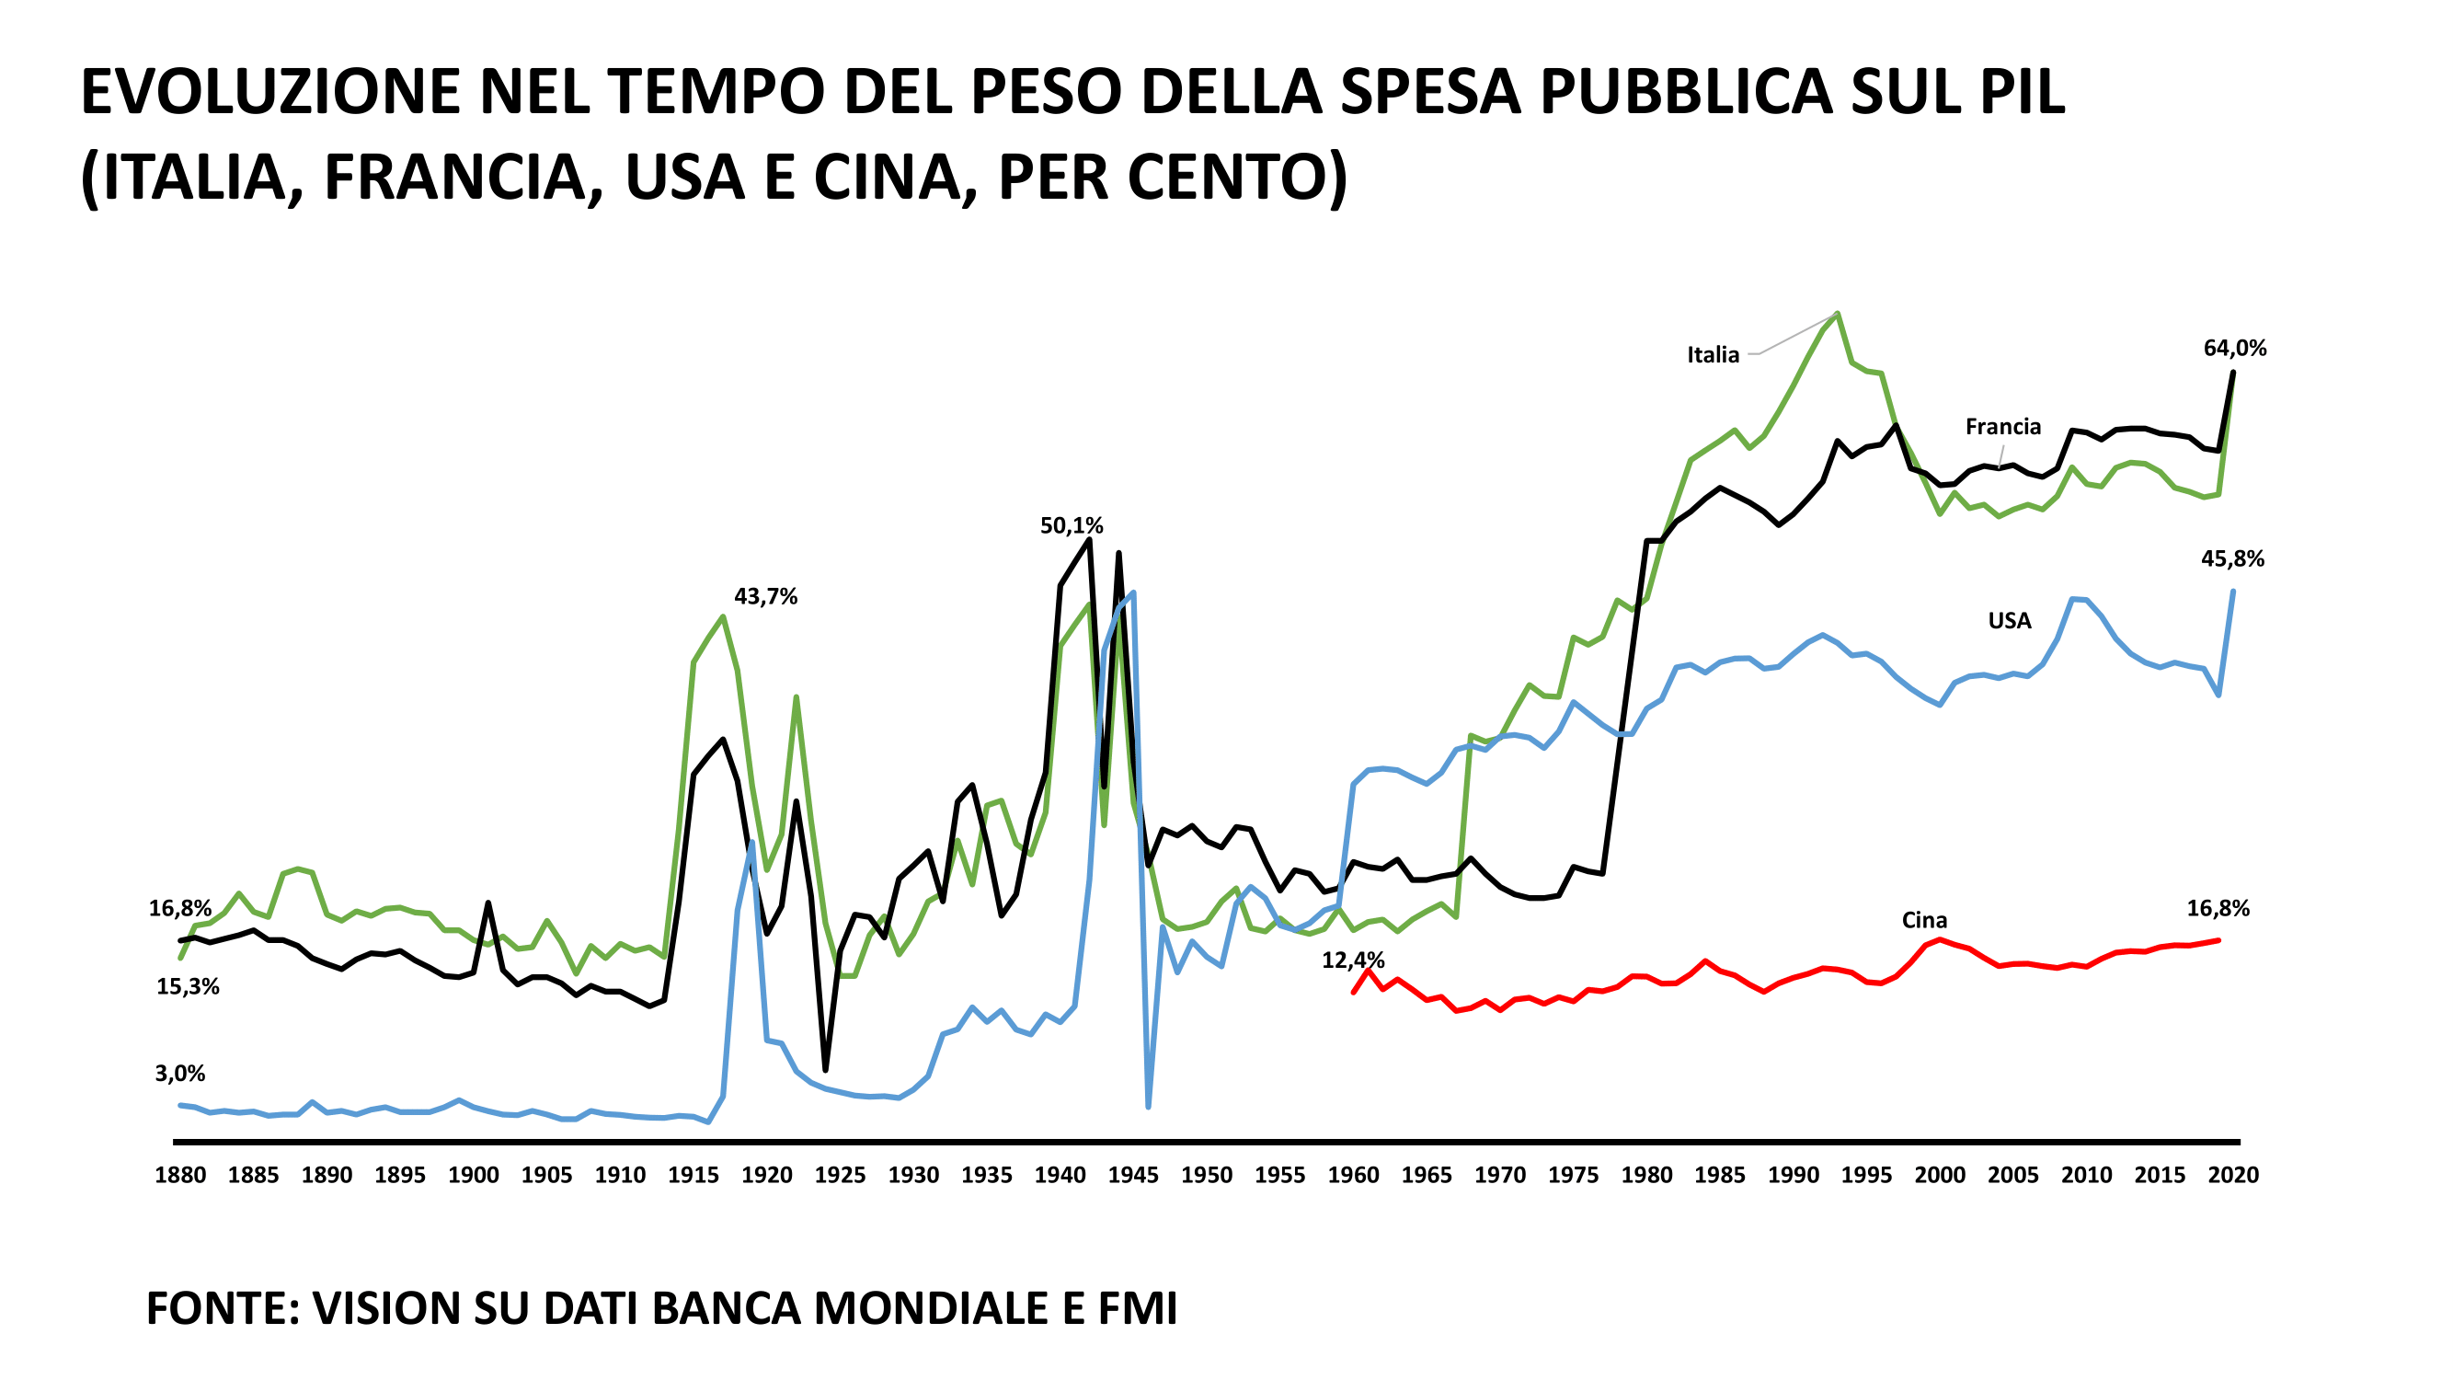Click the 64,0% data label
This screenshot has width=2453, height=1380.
(2234, 349)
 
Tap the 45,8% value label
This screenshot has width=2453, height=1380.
(2232, 559)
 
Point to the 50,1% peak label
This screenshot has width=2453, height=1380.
(1072, 525)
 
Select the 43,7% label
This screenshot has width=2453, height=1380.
(765, 597)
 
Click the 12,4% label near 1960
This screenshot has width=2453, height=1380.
(1352, 960)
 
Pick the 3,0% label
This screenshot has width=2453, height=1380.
(180, 1074)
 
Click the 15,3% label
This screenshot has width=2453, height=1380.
(188, 986)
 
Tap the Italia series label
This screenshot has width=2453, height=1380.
(1713, 355)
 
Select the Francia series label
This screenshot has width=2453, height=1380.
(2002, 427)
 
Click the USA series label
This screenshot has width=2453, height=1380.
(2010, 621)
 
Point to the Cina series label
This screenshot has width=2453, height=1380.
(1923, 920)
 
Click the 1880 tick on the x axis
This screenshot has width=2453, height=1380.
(180, 1175)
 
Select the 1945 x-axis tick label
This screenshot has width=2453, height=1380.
(1133, 1175)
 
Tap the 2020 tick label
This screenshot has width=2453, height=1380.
(2233, 1175)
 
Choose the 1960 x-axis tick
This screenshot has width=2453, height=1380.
(1353, 1175)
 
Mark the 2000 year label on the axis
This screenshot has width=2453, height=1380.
(1940, 1175)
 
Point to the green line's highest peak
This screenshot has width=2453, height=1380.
(1837, 314)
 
